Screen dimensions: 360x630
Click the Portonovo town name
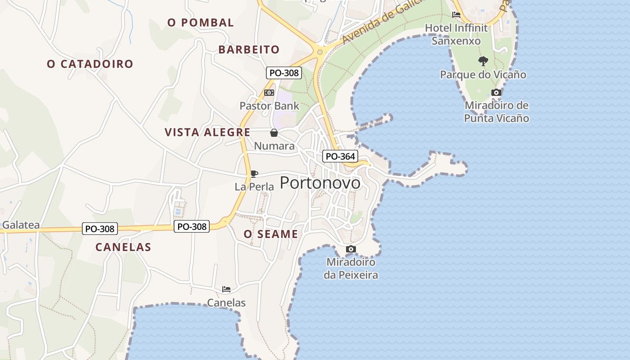pos(320,183)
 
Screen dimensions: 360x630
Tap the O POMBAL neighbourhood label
pos(201,22)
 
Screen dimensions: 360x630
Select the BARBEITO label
pos(249,49)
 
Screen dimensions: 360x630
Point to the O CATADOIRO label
pos(90,64)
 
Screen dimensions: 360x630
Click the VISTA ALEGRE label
pos(207,132)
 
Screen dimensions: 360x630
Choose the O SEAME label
pos(271,234)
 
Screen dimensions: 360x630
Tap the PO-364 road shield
pos(340,157)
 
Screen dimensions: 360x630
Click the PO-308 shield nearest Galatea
pos(100,229)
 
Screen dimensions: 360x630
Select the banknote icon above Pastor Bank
pos(269,93)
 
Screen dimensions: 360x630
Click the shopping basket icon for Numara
pos(274,133)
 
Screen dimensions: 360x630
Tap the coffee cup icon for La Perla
pos(254,174)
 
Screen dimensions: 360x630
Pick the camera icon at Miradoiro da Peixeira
pos(351,249)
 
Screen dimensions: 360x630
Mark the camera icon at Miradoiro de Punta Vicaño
pos(496,92)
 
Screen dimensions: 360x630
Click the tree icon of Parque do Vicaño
pos(483,61)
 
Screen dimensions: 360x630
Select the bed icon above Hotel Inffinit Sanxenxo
pos(456,15)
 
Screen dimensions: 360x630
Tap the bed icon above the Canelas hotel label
pos(226,289)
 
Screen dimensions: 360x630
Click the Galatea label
pos(21,225)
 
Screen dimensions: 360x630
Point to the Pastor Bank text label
pos(269,106)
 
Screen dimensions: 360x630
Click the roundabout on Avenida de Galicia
pos(320,52)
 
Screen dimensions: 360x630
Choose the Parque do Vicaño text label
pos(483,75)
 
